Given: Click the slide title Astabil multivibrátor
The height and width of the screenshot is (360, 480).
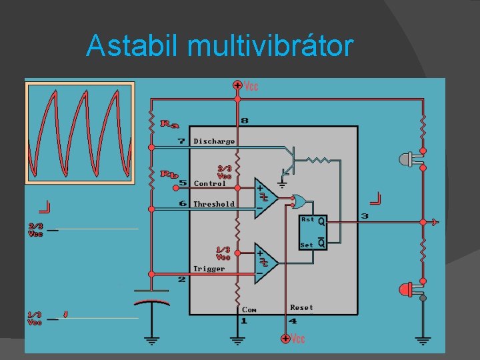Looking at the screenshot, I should [x=219, y=46].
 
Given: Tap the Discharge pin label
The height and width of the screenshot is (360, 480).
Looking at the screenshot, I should [x=214, y=141].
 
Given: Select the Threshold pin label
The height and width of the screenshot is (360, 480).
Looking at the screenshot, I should [x=214, y=204].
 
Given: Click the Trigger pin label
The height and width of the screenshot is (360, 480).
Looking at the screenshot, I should [x=209, y=269].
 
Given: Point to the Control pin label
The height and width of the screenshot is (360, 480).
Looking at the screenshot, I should [x=210, y=183].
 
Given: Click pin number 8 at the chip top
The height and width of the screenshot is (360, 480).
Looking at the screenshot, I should [x=245, y=121].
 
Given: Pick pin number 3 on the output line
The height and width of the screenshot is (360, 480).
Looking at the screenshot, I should [x=365, y=215].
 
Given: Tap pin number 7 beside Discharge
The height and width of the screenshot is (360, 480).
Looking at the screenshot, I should [x=181, y=141].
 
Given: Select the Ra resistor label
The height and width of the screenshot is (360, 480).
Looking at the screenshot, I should [x=170, y=123].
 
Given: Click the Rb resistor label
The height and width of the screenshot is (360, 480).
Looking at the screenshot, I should [x=170, y=175].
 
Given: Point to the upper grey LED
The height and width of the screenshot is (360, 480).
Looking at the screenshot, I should [x=408, y=159].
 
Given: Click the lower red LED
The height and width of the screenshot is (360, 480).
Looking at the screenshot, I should [x=408, y=289].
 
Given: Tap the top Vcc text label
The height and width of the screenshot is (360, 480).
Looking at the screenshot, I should [x=251, y=86].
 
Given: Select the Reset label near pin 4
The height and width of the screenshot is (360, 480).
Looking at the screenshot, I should [x=301, y=307].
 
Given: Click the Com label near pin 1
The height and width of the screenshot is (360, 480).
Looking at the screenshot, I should [x=249, y=309].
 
